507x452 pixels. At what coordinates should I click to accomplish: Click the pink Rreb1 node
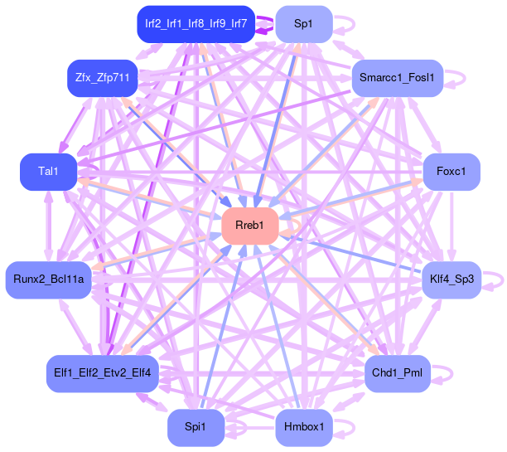pos(254,226)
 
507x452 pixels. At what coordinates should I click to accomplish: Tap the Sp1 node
pos(303,23)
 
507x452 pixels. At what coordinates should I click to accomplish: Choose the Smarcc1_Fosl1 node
pos(398,78)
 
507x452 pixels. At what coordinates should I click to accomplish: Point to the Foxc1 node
pos(451,173)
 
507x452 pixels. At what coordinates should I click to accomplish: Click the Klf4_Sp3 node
pos(451,279)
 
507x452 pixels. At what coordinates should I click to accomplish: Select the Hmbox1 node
pos(303,428)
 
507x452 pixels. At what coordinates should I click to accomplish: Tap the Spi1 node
pos(195,428)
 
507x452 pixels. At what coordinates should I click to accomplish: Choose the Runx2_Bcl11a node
pos(47,279)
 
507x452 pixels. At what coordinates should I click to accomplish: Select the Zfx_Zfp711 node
pos(102,78)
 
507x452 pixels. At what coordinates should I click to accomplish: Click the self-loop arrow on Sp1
pos(345,23)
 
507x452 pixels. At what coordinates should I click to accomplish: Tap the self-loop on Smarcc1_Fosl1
pos(456,78)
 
